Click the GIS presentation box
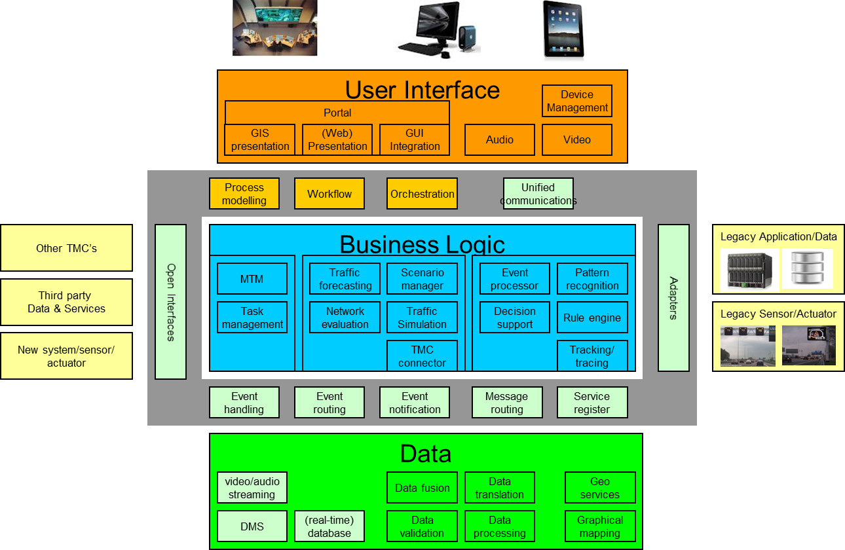[x=260, y=140]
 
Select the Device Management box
[x=577, y=101]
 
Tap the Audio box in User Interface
[x=500, y=140]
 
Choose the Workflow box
[x=329, y=194]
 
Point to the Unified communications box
[x=538, y=194]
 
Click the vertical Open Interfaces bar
[x=171, y=302]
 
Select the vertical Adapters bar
[x=673, y=298]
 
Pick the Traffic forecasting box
[x=345, y=279]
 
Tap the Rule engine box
[x=592, y=318]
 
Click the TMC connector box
[x=422, y=356]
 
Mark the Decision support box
[x=515, y=318]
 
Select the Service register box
[x=592, y=403]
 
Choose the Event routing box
[x=329, y=403]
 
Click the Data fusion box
[x=422, y=488]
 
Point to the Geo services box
[x=600, y=488]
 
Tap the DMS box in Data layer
[x=252, y=526]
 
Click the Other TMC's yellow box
[x=66, y=248]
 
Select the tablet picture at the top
[x=563, y=31]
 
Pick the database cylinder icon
[x=807, y=268]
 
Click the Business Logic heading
[x=423, y=244]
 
